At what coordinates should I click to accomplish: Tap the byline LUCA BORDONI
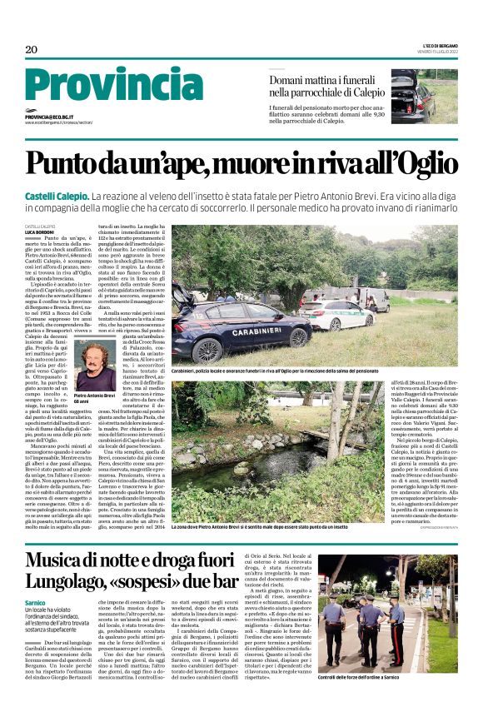click(40, 232)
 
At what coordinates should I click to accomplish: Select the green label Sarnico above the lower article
click(35, 601)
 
